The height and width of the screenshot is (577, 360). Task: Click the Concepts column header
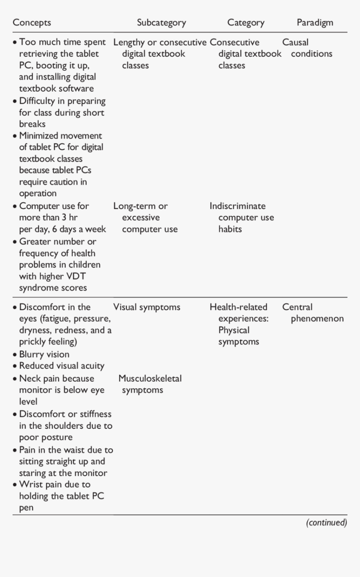coord(32,23)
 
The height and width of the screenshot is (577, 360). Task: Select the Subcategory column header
coord(161,23)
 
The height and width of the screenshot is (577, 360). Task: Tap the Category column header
coord(246,23)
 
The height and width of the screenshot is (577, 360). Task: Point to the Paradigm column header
coord(315,23)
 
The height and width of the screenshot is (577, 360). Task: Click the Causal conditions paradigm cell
coord(307,48)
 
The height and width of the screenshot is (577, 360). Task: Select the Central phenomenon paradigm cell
coord(312,313)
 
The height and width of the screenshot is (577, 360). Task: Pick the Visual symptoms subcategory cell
coord(147,307)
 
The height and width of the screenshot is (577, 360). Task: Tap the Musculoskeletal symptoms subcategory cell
coord(150,384)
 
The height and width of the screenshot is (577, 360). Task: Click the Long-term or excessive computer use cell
coord(145,217)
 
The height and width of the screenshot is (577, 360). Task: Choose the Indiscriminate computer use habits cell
coord(242,217)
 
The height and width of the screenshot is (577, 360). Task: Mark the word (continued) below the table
coord(327,523)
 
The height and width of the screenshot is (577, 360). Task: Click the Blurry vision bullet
coord(44,354)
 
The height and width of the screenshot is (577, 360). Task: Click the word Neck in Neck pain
coord(30,379)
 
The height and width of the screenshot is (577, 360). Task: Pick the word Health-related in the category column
coord(238,307)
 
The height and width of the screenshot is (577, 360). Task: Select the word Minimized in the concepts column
coord(40,136)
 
